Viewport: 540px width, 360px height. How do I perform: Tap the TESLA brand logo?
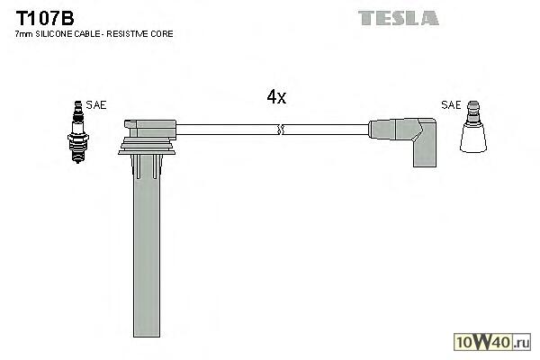pyautogui.click(x=398, y=17)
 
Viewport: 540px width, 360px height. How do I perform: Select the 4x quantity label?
pyautogui.click(x=276, y=97)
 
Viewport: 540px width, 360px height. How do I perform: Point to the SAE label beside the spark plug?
pyautogui.click(x=96, y=105)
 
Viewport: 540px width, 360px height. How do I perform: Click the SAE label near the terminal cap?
pyautogui.click(x=452, y=105)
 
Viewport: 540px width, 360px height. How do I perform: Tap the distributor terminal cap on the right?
pyautogui.click(x=473, y=135)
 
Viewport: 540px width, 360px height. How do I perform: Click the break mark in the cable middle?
pyautogui.click(x=282, y=130)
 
